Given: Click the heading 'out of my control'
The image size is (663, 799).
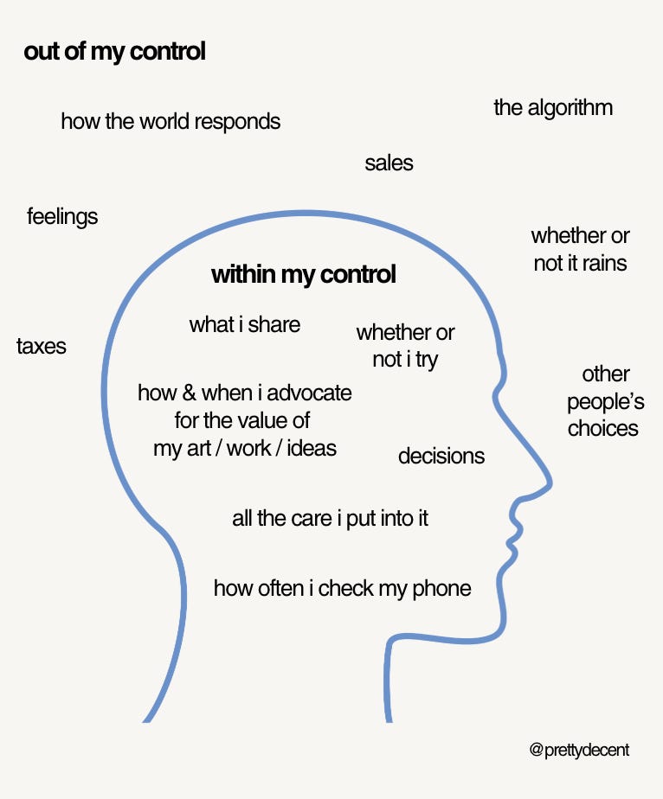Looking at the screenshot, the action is (x=115, y=52).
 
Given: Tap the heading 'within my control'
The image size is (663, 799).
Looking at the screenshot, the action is (x=304, y=275).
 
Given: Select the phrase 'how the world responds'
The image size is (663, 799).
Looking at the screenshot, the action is (x=171, y=121).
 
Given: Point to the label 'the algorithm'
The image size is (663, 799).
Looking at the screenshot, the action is (x=553, y=107).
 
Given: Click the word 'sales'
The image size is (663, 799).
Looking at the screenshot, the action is (x=389, y=163).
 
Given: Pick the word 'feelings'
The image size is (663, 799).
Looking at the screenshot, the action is (x=62, y=216).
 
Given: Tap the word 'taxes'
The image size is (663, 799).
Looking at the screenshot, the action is (x=42, y=347).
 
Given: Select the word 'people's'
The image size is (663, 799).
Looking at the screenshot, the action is (x=606, y=402).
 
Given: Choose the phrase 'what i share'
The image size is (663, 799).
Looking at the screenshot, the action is (x=245, y=325).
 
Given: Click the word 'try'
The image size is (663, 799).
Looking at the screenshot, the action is (x=427, y=360).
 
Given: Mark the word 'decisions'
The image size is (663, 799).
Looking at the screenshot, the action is (x=441, y=456).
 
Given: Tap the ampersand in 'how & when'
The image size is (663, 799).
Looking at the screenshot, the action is (x=189, y=393).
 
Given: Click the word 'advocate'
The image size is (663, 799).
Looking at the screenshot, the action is (x=309, y=393).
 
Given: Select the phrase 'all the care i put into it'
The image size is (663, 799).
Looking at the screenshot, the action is (x=330, y=519).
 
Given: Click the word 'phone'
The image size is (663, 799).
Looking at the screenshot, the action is (x=442, y=589).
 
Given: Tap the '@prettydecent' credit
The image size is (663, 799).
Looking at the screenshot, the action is (x=579, y=750).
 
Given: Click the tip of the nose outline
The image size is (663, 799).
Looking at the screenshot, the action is (x=551, y=481).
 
